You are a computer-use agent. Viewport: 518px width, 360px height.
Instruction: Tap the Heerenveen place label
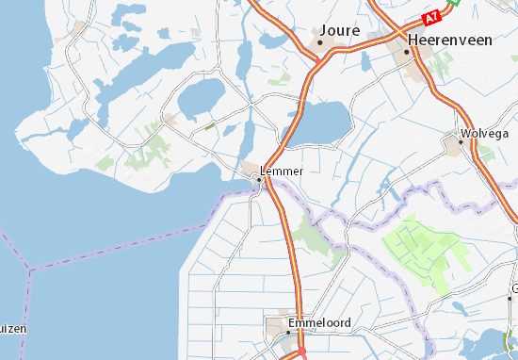[449, 41]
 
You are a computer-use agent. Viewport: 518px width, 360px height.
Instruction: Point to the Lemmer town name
[283, 171]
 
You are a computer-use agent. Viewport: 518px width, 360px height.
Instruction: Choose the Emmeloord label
[320, 322]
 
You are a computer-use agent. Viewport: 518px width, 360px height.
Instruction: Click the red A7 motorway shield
[433, 18]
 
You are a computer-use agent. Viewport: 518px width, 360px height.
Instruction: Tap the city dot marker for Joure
[320, 42]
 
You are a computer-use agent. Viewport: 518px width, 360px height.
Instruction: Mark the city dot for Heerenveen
[408, 52]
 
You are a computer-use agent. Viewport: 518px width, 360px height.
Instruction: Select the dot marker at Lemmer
[260, 179]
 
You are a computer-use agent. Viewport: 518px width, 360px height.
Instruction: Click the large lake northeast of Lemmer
[318, 121]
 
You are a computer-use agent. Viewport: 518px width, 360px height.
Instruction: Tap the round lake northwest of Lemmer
[202, 95]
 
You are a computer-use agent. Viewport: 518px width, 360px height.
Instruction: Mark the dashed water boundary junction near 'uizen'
[28, 271]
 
